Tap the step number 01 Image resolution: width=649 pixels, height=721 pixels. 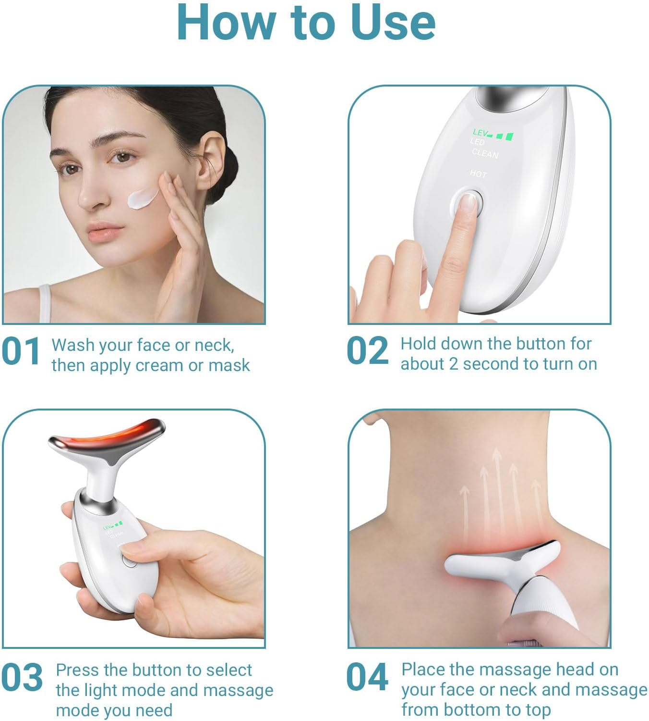(21, 351)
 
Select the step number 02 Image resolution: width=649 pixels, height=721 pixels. (367, 351)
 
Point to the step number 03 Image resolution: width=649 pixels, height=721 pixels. (22, 678)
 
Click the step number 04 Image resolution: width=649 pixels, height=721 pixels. (367, 677)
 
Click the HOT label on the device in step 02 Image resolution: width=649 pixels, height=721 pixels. (478, 174)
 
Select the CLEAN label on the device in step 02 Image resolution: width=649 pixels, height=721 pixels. (485, 153)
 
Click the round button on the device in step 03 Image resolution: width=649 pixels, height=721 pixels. (129, 560)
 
